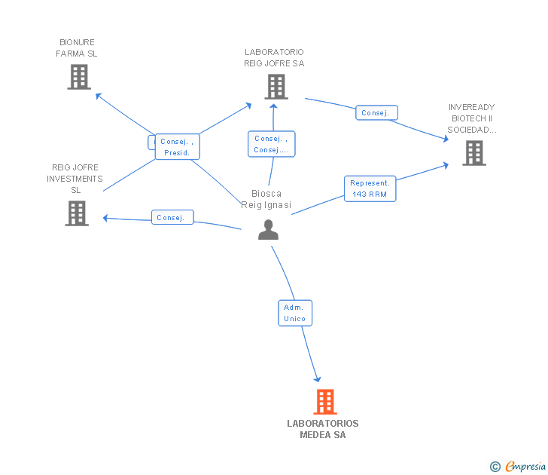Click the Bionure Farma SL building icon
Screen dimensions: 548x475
79,77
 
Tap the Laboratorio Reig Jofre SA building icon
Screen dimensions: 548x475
276,87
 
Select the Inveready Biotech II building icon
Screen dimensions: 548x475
474,153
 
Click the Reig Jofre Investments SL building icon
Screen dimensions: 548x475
77,213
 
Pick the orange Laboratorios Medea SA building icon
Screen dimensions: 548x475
325,402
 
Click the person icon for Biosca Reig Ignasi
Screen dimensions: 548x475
268,230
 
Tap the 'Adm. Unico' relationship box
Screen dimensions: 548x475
295,313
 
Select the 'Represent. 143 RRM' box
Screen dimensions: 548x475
370,188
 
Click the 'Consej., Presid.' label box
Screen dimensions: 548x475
177,147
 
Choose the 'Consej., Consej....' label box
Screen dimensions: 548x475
271,144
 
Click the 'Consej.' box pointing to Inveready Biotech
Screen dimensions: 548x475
376,112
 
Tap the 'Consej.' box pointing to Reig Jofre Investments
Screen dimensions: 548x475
172,217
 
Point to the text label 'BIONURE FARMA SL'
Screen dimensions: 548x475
77,48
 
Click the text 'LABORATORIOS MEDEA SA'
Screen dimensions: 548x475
323,429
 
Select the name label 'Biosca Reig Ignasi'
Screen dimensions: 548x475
266,199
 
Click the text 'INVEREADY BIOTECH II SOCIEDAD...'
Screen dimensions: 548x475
472,118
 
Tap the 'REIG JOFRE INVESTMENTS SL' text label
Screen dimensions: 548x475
75,179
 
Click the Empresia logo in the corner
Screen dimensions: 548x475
518,466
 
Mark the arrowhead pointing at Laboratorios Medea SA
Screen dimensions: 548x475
318,379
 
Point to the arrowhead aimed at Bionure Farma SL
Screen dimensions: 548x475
98,96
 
